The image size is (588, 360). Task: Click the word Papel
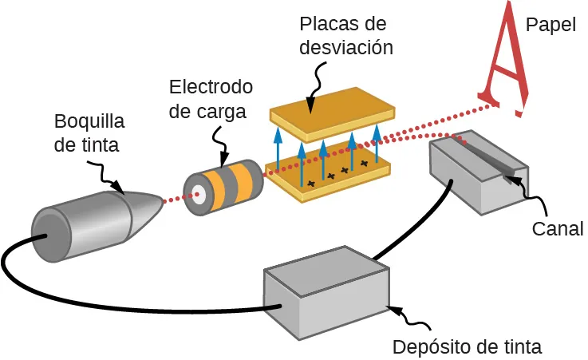[x=550, y=25]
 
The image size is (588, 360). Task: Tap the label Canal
[x=558, y=229]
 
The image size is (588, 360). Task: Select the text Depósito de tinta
[x=467, y=347]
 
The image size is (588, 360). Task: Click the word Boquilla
[x=89, y=122]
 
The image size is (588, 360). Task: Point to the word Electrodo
[x=211, y=86]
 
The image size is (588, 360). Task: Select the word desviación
[x=346, y=46]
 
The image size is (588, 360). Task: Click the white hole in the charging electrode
[x=196, y=193]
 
